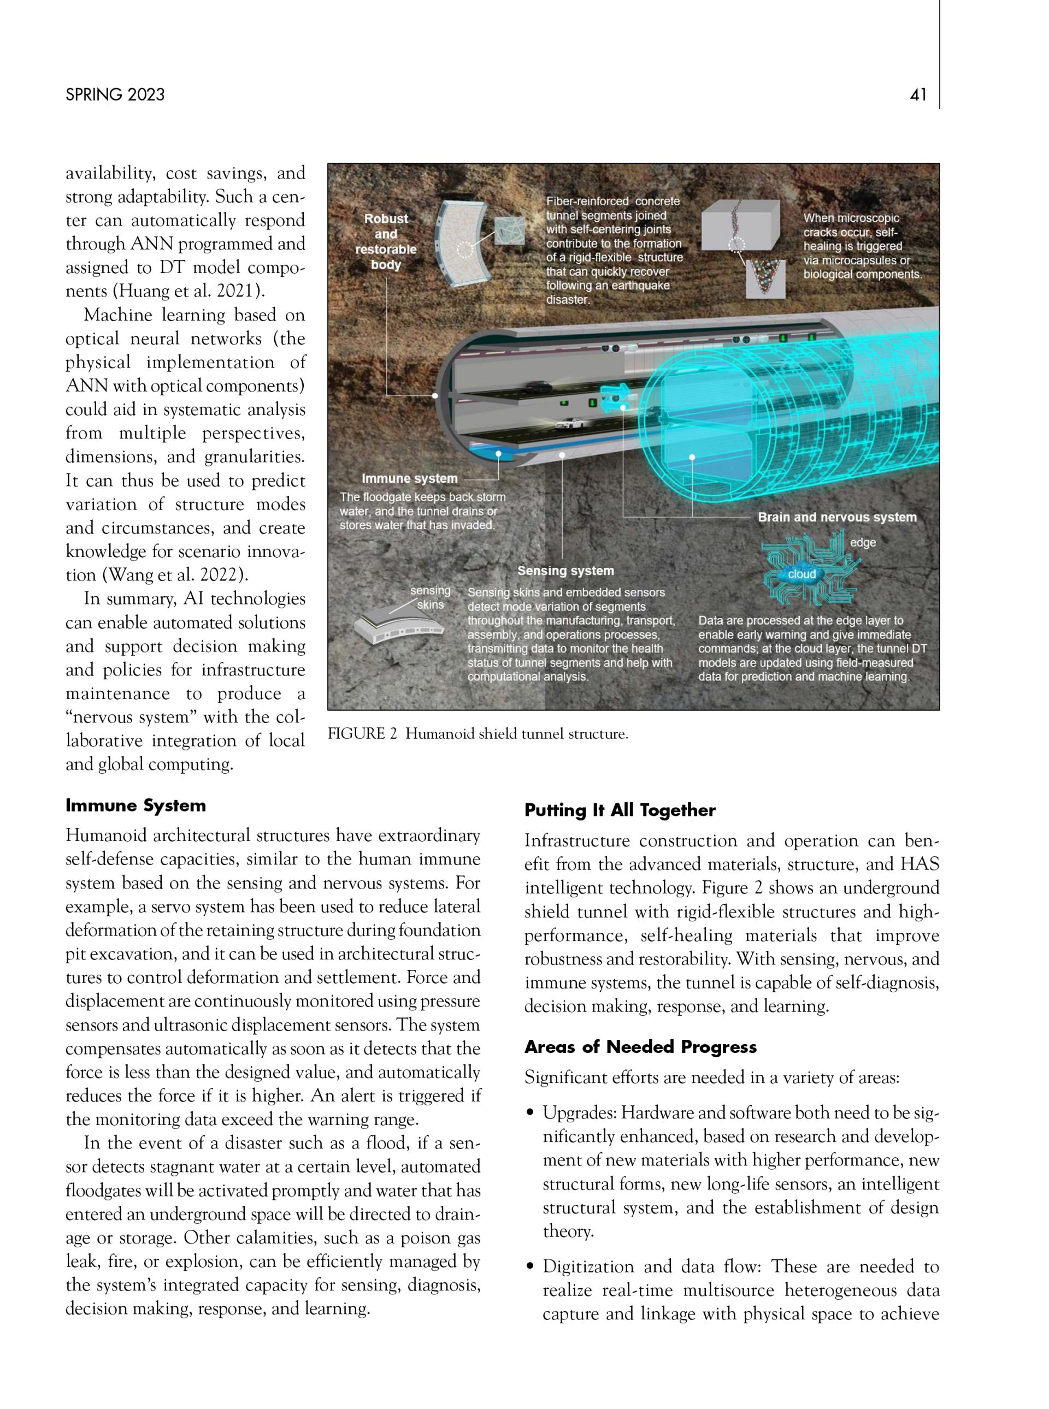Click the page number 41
point(917,94)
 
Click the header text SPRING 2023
point(115,94)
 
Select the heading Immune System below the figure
point(136,806)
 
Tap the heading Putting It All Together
point(620,810)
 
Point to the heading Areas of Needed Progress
point(640,1046)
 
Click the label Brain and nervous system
point(837,517)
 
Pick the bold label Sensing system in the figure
point(565,571)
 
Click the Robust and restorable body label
point(385,241)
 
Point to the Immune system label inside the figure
point(410,478)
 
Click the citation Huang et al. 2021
point(188,291)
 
